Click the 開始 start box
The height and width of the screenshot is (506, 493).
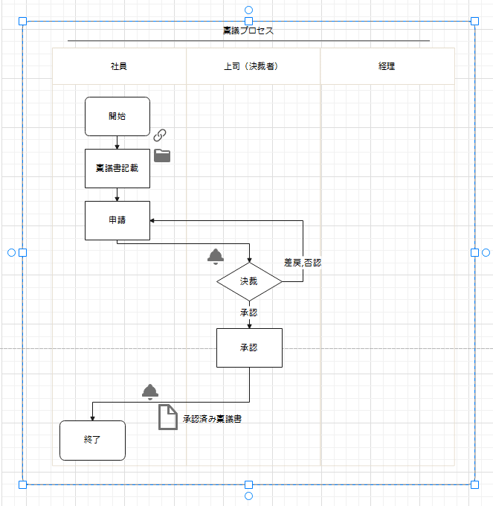pos(117,116)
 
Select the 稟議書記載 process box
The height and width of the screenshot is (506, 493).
pos(117,168)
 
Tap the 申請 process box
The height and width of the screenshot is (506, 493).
pos(117,220)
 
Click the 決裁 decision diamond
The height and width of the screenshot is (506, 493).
pos(249,281)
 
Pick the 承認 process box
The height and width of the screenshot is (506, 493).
pos(249,348)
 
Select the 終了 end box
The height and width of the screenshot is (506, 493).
pos(92,441)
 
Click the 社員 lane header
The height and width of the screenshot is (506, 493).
pos(119,66)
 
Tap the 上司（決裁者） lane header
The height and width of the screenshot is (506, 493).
pos(253,66)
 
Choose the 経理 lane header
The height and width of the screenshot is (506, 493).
pos(387,66)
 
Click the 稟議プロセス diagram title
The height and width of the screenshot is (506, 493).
pos(248,31)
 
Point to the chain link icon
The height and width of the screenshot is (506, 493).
pos(160,135)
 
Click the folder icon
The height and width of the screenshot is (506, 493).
pos(162,156)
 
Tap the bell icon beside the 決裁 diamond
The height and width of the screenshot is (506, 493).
pos(216,257)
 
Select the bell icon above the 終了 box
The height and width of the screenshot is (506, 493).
pos(150,391)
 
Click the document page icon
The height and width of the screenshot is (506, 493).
pos(168,417)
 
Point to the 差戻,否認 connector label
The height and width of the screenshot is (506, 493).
pos(302,263)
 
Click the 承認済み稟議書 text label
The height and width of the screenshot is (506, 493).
pos(212,419)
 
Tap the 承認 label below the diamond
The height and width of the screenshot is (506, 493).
pos(249,313)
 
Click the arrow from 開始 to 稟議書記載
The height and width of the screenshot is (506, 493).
pos(117,143)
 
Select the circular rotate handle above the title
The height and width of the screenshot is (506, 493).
pos(248,10)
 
